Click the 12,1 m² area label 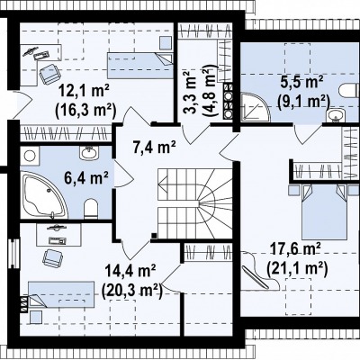click(x=84, y=91)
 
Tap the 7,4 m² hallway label click(x=154, y=147)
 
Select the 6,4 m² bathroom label click(x=86, y=177)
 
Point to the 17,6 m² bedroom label click(x=296, y=249)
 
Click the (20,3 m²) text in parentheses click(x=132, y=290)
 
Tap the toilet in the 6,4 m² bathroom click(x=91, y=208)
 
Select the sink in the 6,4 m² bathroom click(x=89, y=152)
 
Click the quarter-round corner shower click(x=254, y=107)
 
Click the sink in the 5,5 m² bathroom click(x=336, y=115)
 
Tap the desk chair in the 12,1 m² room click(x=49, y=74)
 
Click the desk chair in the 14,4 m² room click(x=53, y=258)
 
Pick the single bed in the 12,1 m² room click(x=140, y=66)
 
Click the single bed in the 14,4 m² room click(x=61, y=294)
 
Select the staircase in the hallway click(x=195, y=203)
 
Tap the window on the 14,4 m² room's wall click(x=13, y=254)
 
